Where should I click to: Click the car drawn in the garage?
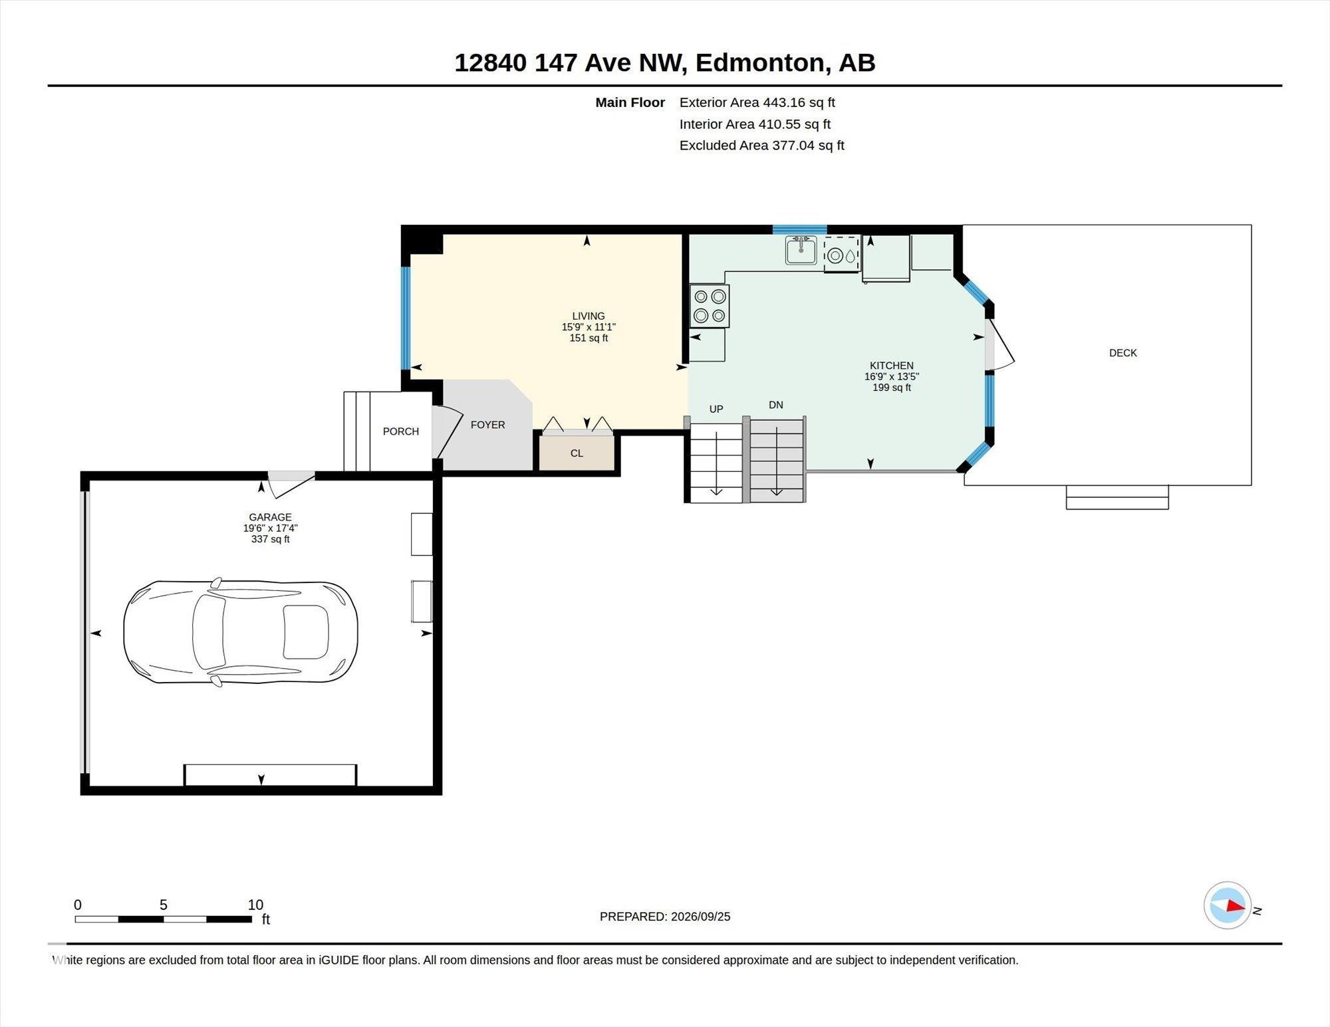point(241,633)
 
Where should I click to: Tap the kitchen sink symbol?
point(801,250)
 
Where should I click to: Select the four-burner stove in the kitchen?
point(710,306)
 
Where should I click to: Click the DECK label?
point(1123,353)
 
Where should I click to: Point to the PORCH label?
point(401,431)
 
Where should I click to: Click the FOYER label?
point(488,425)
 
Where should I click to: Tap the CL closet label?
point(577,453)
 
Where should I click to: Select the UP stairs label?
point(716,409)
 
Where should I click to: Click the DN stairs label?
point(776,405)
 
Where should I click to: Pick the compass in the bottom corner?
point(1228,905)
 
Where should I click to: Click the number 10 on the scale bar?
point(255,905)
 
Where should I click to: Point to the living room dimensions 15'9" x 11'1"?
point(589,327)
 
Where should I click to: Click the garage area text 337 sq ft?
point(271,539)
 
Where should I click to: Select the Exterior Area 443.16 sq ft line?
point(757,102)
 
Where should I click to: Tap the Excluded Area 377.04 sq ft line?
point(761,145)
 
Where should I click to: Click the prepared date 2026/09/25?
point(701,917)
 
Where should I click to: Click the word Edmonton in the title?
point(760,62)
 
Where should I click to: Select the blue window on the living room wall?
point(405,318)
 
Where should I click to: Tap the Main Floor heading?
point(630,102)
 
